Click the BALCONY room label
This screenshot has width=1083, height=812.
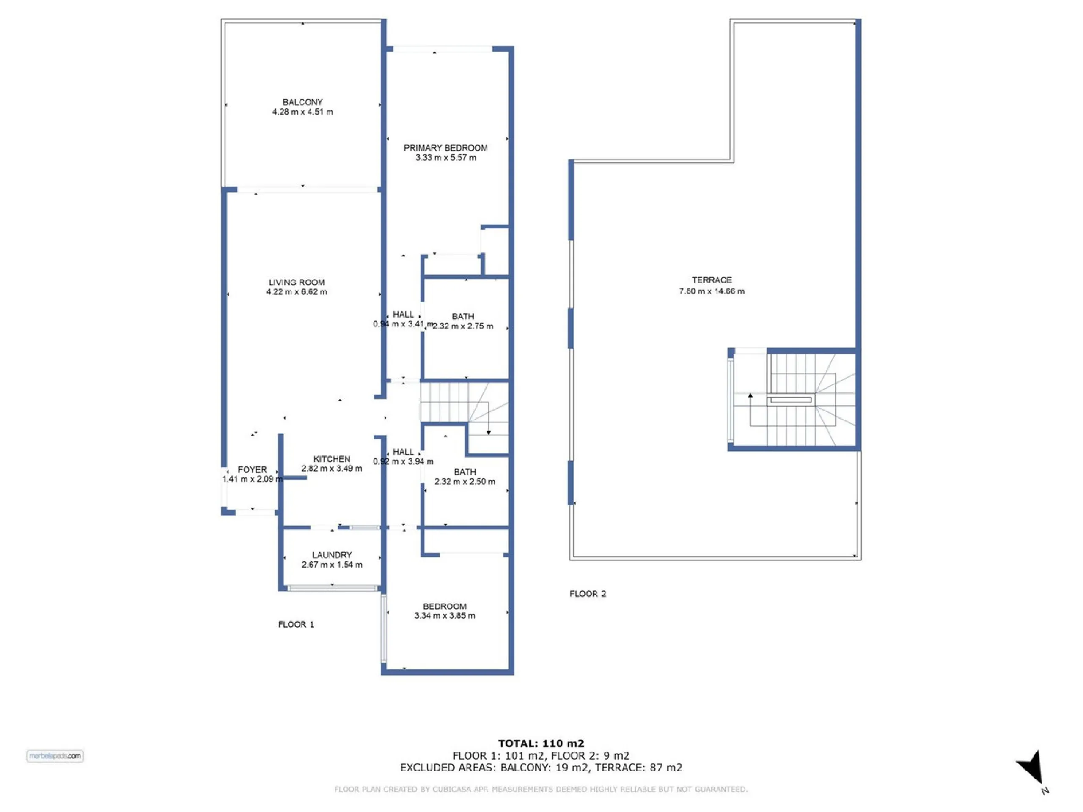pos(302,102)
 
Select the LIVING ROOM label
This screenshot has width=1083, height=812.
pos(297,283)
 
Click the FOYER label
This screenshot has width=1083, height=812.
pos(252,470)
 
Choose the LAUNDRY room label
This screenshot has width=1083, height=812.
pos(332,555)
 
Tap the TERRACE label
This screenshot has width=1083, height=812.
pos(712,280)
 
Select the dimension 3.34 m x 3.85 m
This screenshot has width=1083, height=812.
pos(445,616)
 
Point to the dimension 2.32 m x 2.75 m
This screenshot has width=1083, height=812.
pos(463,326)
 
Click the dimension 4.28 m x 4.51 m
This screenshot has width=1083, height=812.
pos(302,112)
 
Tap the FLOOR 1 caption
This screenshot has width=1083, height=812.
pos(296,625)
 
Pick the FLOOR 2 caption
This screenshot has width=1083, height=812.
pos(588,594)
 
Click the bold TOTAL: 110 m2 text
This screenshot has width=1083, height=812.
pos(541,744)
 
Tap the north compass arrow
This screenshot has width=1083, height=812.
pos(1031,766)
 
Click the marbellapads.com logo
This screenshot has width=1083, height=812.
pos(55,756)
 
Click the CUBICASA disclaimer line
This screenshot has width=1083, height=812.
pos(541,789)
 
